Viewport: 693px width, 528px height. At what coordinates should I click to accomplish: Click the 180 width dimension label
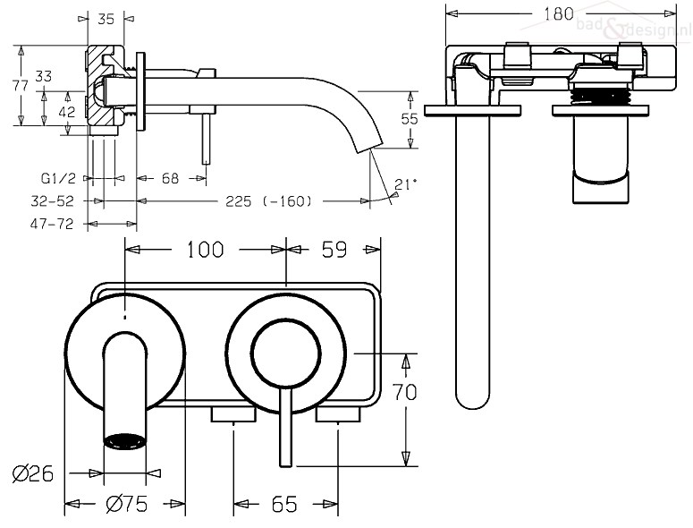(558, 13)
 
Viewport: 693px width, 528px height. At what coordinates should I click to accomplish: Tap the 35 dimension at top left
(106, 19)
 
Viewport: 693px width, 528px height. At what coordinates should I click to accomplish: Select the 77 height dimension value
(21, 85)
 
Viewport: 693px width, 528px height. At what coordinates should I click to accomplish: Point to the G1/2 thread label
(58, 178)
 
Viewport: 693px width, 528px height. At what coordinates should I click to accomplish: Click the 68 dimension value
(170, 178)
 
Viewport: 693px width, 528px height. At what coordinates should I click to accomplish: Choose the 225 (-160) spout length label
(268, 201)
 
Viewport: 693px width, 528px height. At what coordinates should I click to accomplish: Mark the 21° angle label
(405, 183)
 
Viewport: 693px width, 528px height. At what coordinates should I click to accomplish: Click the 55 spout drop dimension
(410, 118)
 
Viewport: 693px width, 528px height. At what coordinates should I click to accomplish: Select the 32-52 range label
(52, 201)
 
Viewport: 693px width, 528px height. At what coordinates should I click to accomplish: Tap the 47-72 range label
(51, 224)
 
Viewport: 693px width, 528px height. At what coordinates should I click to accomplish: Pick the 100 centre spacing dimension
(206, 250)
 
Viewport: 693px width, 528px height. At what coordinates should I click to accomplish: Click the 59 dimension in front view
(334, 250)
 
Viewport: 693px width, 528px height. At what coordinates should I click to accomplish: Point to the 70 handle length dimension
(405, 392)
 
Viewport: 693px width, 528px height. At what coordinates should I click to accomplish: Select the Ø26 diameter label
(33, 473)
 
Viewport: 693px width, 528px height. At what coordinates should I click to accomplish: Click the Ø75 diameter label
(127, 504)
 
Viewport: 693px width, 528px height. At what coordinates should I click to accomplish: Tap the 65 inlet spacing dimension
(284, 504)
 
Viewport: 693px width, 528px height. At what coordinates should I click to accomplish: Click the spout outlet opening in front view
(124, 441)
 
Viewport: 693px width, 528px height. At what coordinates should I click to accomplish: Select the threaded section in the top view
(600, 95)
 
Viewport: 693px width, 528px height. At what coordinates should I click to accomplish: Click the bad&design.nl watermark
(633, 28)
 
